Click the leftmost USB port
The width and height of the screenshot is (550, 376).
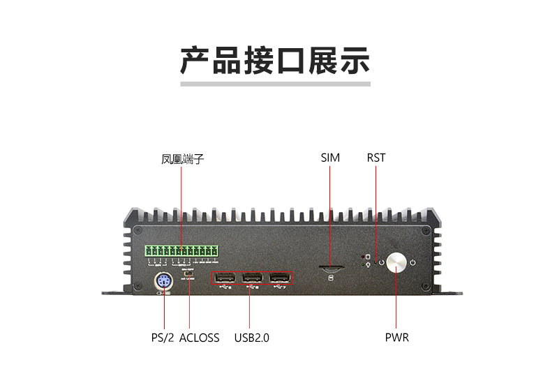tap(224, 276)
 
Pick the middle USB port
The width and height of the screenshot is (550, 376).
tap(252, 276)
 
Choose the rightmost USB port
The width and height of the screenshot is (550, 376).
tap(279, 276)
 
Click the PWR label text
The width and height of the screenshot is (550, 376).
tap(396, 338)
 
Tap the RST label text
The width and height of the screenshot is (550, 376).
tap(376, 158)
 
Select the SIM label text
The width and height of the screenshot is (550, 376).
tap(330, 158)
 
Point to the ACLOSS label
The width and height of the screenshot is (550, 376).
tap(199, 338)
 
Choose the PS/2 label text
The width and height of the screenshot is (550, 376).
tap(162, 338)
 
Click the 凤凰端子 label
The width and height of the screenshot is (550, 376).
tap(182, 159)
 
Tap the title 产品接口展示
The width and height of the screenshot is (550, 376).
tap(275, 61)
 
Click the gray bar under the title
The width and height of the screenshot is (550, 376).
tap(275, 84)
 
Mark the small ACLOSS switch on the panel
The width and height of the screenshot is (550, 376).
tap(188, 274)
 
